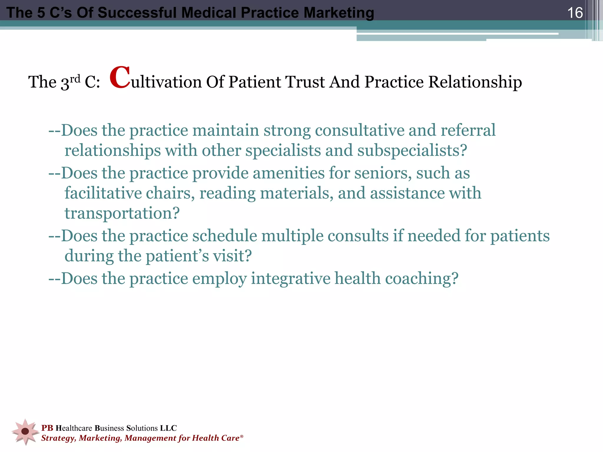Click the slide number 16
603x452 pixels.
575,13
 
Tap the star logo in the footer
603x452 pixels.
25,431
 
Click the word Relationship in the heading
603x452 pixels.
475,82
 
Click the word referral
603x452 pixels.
468,130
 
